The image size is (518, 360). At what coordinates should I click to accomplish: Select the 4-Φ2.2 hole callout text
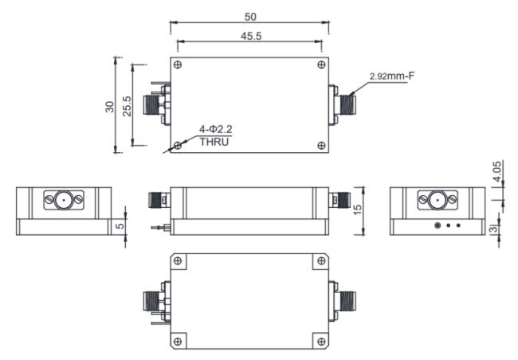tap(218, 128)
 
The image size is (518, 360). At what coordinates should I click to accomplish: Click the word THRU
tap(214, 141)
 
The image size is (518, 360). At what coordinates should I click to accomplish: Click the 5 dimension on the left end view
tap(120, 226)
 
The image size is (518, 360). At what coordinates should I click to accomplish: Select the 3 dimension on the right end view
tap(494, 229)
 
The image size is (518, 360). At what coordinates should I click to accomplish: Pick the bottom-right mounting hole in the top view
tap(320, 145)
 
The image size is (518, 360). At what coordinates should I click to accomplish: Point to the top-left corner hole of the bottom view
tap(179, 262)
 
